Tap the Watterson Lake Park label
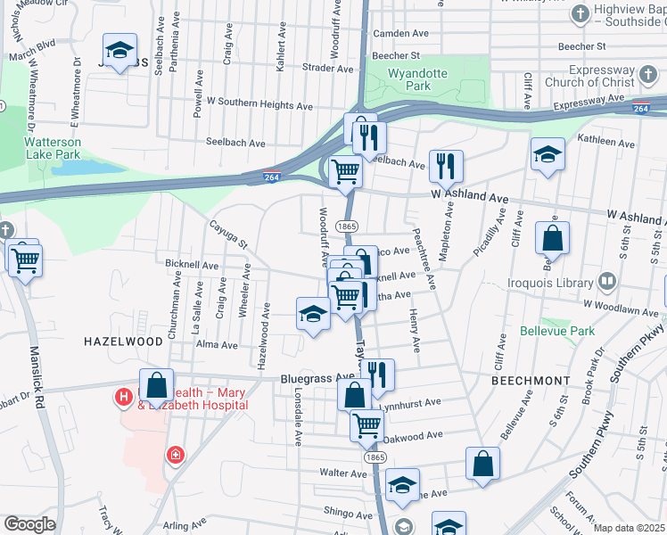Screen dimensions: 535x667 pos(53,148)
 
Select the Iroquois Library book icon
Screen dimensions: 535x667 pos(607,282)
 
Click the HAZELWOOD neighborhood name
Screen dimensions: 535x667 pos(123,342)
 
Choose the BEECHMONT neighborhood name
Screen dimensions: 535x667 pos(531,380)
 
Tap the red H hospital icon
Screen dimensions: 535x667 pos(124,395)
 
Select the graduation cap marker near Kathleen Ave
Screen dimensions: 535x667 pos(548,154)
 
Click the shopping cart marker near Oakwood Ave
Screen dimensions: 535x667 pos(366,425)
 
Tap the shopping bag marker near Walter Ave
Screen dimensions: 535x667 pos(482,463)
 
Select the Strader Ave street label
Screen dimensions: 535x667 pos(323,67)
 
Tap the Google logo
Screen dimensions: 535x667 pos(29,524)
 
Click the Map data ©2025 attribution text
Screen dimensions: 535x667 pos(629,528)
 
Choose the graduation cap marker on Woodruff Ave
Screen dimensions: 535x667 pos(313,314)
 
